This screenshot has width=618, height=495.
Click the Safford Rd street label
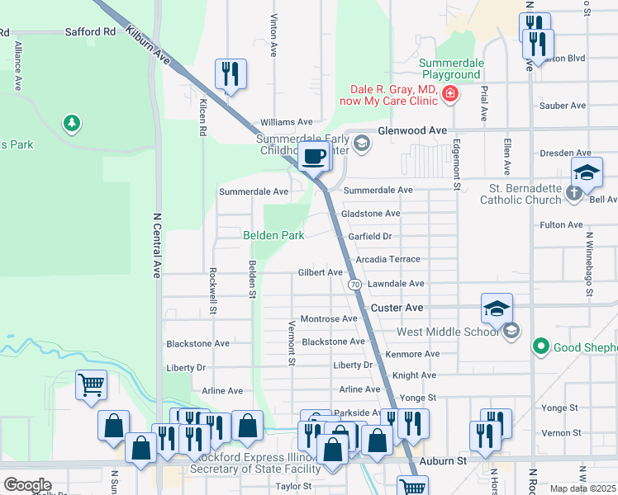[x=90, y=32]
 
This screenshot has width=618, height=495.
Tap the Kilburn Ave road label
[x=149, y=46]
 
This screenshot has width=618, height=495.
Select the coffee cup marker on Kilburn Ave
[x=313, y=156]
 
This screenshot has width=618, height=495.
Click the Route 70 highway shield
[x=354, y=284]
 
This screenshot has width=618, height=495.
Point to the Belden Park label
[x=273, y=235]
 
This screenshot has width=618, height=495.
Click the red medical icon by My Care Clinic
[x=449, y=95]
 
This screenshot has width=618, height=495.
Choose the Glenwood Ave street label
[x=411, y=131]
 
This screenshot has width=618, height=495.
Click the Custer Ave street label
[x=397, y=307]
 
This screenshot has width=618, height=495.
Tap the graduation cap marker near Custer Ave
[x=497, y=309]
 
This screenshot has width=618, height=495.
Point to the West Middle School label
[x=449, y=332]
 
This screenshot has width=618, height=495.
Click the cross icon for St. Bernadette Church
[x=575, y=194]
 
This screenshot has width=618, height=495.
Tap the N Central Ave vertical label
[x=156, y=246]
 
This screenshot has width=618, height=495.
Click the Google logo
[x=27, y=485]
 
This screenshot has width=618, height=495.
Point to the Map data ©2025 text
[x=583, y=488]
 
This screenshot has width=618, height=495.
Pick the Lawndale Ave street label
[x=396, y=284]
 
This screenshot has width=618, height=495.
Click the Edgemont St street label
[x=456, y=164]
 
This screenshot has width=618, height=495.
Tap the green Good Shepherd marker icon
[x=541, y=346]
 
